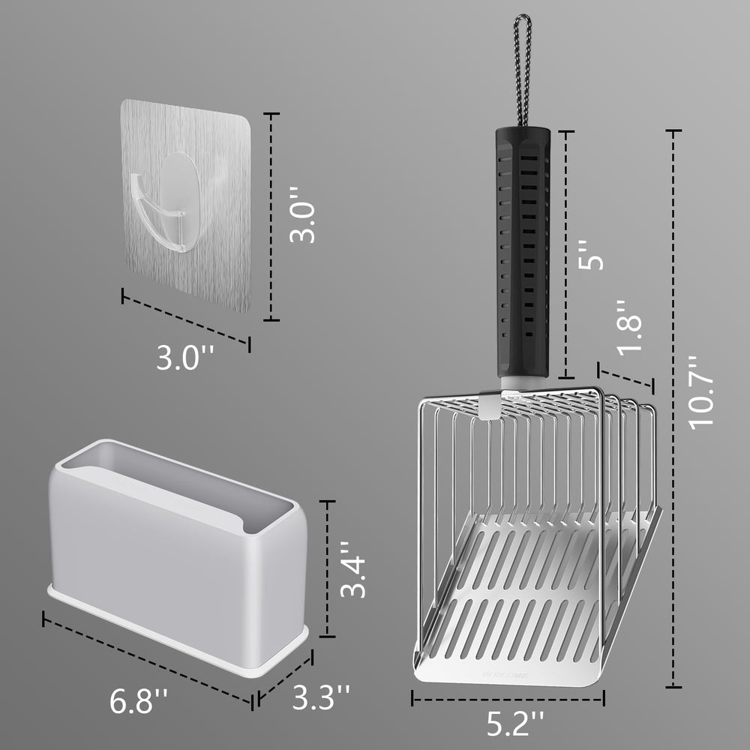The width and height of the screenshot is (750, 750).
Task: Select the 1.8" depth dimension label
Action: point(628,325)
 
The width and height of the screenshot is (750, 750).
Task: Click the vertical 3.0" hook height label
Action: point(303,220)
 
